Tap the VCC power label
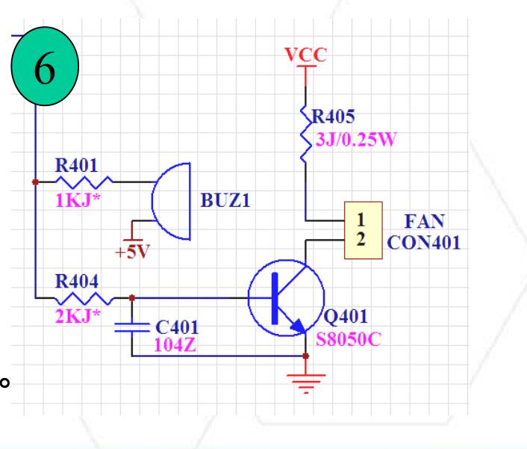(305, 55)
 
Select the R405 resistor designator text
(334, 117)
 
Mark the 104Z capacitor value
(175, 344)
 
